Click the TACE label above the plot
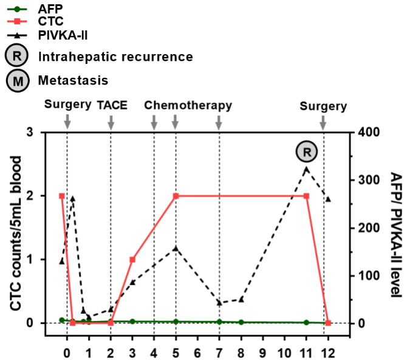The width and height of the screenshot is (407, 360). click(x=112, y=105)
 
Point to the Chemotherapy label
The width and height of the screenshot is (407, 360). click(x=188, y=105)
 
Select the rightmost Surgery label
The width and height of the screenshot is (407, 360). click(x=323, y=106)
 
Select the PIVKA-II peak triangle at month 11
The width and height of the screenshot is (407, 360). click(x=306, y=169)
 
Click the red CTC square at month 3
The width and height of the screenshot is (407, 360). click(x=132, y=260)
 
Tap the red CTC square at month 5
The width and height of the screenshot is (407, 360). click(x=176, y=196)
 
